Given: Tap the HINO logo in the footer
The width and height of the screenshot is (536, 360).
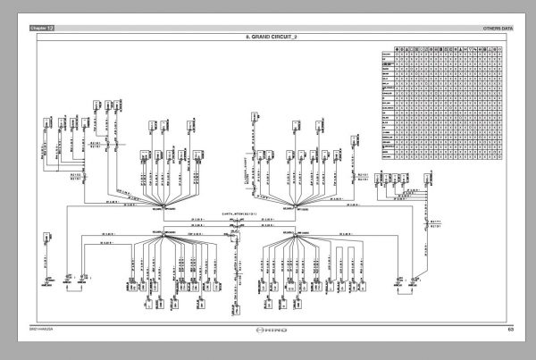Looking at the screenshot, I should pos(268,330).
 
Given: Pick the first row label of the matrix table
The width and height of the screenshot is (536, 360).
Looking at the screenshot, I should pos(387,55).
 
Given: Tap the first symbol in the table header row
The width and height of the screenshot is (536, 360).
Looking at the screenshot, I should pos(398,48).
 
